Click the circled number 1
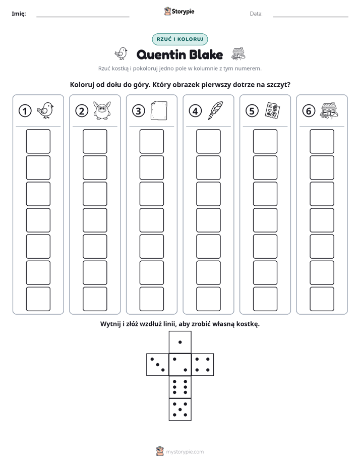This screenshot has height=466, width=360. pos(25,111)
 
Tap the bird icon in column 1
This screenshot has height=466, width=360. pos(45,110)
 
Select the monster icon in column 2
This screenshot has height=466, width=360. pos(102,110)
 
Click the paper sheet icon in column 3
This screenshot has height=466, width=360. pos(159,110)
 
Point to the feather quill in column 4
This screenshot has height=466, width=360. pos(216,110)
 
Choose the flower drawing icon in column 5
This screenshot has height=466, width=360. pos(272,110)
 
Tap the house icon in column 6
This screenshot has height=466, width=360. pos(329,111)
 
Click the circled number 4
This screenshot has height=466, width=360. pos(195,111)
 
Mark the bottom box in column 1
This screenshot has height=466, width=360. pos(38,299)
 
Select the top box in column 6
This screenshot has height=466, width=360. pos(322,141)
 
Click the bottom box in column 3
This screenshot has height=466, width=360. pos(151,299)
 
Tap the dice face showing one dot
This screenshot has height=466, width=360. pos(180,342)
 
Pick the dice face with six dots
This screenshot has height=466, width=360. pos(180,387)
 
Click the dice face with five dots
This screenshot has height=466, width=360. pos(180,409)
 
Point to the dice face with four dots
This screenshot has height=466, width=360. pos(203,365)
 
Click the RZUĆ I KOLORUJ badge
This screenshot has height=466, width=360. pos(179,39)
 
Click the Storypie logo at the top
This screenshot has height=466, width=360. pos(179,12)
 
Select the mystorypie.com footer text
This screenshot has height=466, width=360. pos(185,452)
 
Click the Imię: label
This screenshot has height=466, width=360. pos(19,14)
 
